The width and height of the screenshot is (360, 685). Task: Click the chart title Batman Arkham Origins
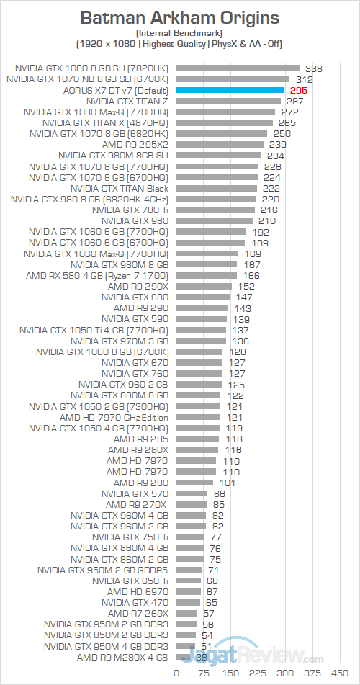click(179, 17)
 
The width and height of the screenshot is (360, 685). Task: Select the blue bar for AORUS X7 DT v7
click(230, 91)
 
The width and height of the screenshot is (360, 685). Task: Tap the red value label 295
click(297, 91)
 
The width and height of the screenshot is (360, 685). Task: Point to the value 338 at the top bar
click(313, 68)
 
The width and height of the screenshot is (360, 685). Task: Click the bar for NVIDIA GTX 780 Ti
click(215, 210)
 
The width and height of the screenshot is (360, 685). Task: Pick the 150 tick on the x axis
click(230, 673)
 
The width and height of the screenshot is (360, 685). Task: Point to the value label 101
click(228, 483)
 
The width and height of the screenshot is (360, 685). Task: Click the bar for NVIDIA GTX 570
click(192, 493)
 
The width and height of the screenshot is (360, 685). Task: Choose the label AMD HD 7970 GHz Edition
click(114, 417)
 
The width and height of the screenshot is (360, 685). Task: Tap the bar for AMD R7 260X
click(186, 613)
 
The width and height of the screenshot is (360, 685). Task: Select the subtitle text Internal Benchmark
click(179, 33)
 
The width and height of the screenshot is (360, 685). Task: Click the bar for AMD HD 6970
click(189, 591)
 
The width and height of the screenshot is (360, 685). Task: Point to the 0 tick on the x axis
click(176, 673)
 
